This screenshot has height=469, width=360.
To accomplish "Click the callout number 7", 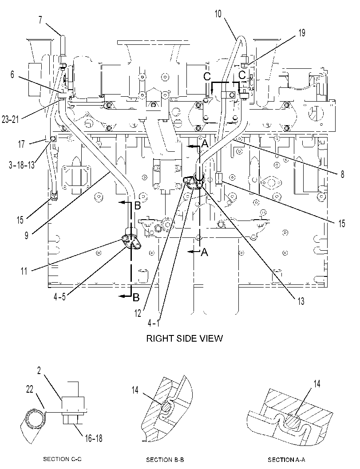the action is click(x=40, y=20).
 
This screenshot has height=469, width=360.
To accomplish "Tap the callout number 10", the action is click(x=218, y=13).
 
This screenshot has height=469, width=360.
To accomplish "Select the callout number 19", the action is click(x=302, y=32).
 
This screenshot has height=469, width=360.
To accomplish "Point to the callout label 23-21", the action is click(x=11, y=119).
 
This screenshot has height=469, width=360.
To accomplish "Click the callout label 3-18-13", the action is click(x=22, y=164).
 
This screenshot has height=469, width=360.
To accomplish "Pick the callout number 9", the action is click(x=27, y=235).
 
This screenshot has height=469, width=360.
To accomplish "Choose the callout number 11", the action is click(x=24, y=271).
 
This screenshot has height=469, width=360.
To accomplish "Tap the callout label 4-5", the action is click(x=59, y=297).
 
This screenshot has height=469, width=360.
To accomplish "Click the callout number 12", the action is click(x=137, y=313).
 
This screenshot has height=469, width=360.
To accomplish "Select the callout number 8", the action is click(x=342, y=174).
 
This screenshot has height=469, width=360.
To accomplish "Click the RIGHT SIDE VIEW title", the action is click(x=184, y=338).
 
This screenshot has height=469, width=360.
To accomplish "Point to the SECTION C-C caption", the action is click(x=62, y=459).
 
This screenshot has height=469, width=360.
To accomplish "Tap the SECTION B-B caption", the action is click(x=165, y=459).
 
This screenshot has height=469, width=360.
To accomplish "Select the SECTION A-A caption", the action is click(x=286, y=459).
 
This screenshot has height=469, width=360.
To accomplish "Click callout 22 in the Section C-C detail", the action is click(x=30, y=389).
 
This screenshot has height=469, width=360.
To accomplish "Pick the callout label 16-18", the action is click(x=94, y=438).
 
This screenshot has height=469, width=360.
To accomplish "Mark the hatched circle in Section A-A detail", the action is click(x=291, y=421).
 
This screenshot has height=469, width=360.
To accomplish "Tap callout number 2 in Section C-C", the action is click(x=39, y=370).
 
